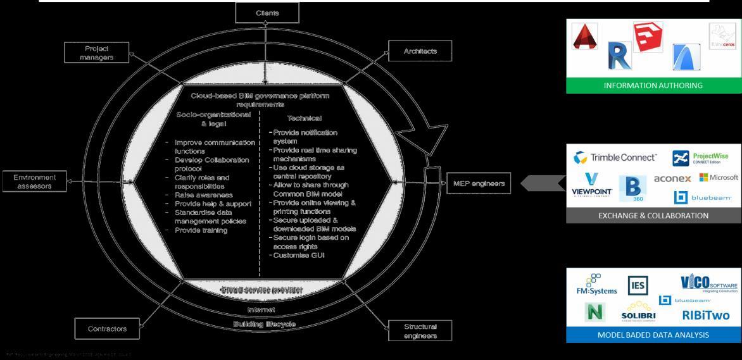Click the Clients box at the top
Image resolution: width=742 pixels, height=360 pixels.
pyautogui.click(x=267, y=13)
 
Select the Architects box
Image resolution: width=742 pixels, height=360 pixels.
pyautogui.click(x=420, y=51)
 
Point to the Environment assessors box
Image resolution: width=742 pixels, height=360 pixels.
pyautogui.click(x=35, y=182)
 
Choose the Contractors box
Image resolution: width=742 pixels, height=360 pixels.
pyautogui.click(x=107, y=329)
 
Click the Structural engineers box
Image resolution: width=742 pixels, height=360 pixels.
pyautogui.click(x=420, y=331)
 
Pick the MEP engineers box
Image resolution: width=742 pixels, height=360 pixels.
pyautogui.click(x=479, y=183)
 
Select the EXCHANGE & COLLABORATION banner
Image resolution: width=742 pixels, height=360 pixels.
pyautogui.click(x=653, y=216)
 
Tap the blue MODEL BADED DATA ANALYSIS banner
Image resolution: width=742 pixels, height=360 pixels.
pyautogui.click(x=653, y=335)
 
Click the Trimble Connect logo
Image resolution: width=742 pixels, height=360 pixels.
pyautogui.click(x=615, y=158)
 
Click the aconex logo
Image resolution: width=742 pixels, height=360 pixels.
pyautogui.click(x=672, y=179)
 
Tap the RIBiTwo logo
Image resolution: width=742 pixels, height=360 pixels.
pyautogui.click(x=705, y=314)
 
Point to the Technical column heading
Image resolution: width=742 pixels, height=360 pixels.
pyautogui.click(x=304, y=118)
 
